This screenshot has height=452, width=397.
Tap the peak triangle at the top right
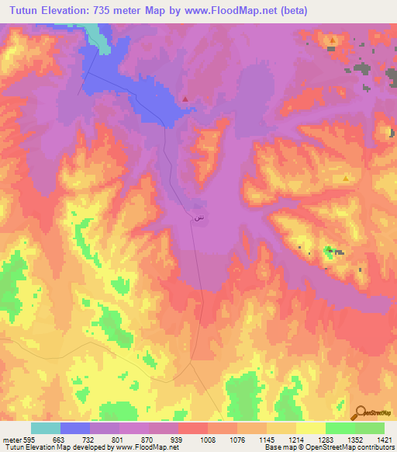(333, 40)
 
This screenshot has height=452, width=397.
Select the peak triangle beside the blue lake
(185, 99)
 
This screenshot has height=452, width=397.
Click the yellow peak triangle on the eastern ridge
(346, 178)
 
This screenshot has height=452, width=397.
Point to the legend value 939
(176, 438)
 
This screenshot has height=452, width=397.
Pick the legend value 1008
(206, 438)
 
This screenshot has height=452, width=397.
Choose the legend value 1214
(295, 438)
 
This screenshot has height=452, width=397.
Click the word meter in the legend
(10, 438)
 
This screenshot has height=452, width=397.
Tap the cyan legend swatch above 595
(45, 428)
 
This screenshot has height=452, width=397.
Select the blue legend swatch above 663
(74, 428)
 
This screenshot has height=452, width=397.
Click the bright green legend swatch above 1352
(340, 428)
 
